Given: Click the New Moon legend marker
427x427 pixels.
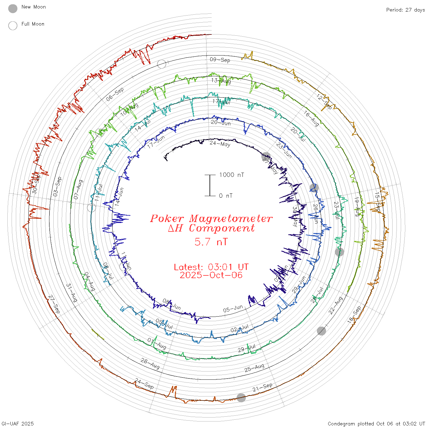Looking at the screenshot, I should [13, 9].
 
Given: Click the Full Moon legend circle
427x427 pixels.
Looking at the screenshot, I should [13, 26].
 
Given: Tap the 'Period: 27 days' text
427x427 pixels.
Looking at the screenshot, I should [405, 10].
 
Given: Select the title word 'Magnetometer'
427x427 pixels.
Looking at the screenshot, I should [231, 218].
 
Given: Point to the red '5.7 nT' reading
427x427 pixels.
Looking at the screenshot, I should [211, 242].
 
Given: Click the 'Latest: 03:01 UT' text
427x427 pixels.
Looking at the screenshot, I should [211, 267].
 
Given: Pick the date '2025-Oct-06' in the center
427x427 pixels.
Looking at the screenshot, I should [211, 275].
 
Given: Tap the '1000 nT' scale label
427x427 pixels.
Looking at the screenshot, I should [232, 175].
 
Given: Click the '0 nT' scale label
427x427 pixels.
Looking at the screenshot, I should [226, 196].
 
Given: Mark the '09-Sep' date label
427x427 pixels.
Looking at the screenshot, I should [220, 60].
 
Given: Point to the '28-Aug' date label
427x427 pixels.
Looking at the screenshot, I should [150, 364].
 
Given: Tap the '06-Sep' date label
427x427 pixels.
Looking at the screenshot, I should [115, 94].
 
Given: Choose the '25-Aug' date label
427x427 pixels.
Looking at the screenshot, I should [254, 368].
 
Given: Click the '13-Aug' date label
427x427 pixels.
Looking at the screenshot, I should [221, 81].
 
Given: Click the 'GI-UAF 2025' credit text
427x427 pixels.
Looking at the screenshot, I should [17, 424].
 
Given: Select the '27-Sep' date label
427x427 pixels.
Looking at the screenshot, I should [54, 304].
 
